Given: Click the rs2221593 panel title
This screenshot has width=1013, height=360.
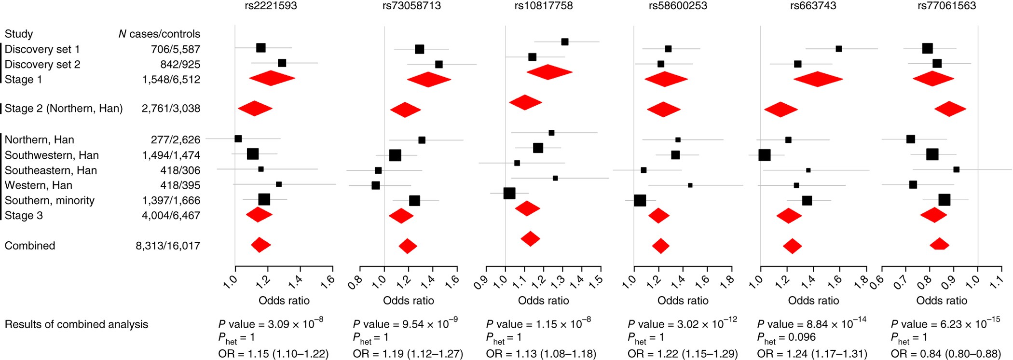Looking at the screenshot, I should coord(271,6).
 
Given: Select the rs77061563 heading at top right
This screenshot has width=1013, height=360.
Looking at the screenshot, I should coord(946,6).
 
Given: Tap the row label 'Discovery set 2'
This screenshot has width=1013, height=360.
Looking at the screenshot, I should coord(42,64).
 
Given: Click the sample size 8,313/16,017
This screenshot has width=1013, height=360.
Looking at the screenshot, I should coord(168,246).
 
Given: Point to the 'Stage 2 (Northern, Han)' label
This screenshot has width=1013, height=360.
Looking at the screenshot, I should coord(64,109).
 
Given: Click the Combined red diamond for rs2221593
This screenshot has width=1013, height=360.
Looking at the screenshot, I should coord(260,245).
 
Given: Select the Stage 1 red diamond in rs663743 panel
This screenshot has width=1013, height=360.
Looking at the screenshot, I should coord(818,79).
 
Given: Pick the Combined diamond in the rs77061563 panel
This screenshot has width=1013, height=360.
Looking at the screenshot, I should coord(939,244).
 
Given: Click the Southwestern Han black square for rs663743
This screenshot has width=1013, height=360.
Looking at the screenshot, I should coord(764,155).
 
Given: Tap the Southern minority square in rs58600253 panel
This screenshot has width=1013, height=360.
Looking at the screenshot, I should coord(640,200).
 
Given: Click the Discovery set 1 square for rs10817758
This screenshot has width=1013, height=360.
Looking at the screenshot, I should coord(565,42).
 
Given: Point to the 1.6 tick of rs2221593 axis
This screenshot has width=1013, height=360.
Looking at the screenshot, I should coord(328,280).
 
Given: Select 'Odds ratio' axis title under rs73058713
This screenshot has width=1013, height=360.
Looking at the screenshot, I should coord(408,301).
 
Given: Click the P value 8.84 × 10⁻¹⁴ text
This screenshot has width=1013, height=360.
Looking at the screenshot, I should coord(811,324).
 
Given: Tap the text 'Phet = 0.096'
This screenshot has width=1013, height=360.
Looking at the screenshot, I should coord(786,338).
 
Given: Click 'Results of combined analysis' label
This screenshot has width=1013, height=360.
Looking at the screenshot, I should coord(76,324).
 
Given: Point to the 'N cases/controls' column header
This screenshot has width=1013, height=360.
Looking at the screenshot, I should coord(159,34).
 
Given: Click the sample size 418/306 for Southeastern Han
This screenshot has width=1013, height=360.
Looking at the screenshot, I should coord(180,170).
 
